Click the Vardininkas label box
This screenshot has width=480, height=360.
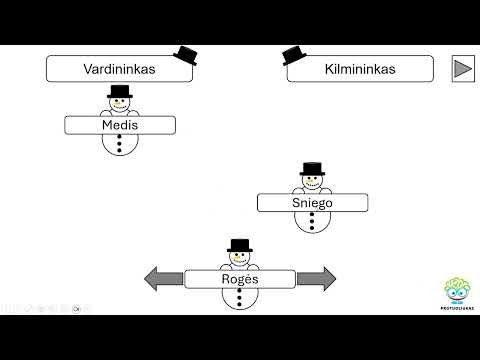click(x=118, y=69)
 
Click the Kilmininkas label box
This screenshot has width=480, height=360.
click(x=359, y=69)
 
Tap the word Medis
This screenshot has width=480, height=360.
click(x=119, y=125)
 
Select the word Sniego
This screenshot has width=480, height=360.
click(x=312, y=202)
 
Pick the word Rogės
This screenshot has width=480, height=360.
click(x=239, y=279)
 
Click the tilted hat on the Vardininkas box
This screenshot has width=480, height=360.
click(x=185, y=55)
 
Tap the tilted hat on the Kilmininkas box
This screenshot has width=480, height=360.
click(x=294, y=56)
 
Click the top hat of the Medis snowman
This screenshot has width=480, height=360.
click(x=120, y=92)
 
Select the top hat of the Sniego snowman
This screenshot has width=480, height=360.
click(x=312, y=169)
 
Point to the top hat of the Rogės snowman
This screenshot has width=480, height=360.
click(x=239, y=246)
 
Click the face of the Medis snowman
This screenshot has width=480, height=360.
click(x=120, y=106)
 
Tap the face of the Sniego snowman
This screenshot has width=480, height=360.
click(x=312, y=183)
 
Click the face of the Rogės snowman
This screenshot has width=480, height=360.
click(x=239, y=259)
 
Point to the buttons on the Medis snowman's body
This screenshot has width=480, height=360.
click(x=120, y=144)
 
